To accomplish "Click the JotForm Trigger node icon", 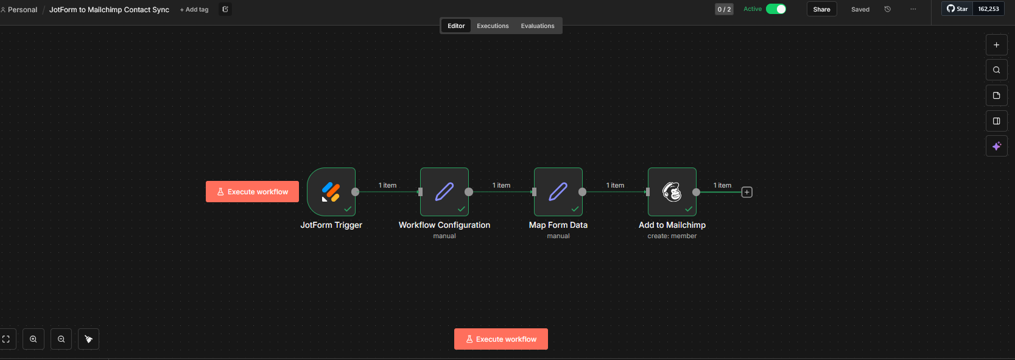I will pyautogui.click(x=331, y=192).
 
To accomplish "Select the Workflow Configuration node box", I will pyautogui.click(x=444, y=192).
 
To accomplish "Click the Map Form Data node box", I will pyautogui.click(x=558, y=192).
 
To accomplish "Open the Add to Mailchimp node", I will pyautogui.click(x=672, y=192).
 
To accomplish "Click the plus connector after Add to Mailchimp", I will pyautogui.click(x=747, y=192).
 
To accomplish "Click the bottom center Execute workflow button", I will pyautogui.click(x=501, y=339).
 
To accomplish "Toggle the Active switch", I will pyautogui.click(x=776, y=9).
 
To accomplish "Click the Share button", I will pyautogui.click(x=821, y=9).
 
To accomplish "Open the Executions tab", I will pyautogui.click(x=493, y=26).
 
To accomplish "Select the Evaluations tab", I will pyautogui.click(x=538, y=26).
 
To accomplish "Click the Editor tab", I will pyautogui.click(x=456, y=26).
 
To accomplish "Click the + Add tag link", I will pyautogui.click(x=194, y=10).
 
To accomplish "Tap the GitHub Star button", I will pyautogui.click(x=957, y=9).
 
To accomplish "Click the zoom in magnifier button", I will pyautogui.click(x=33, y=339).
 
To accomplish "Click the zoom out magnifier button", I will pyautogui.click(x=61, y=339).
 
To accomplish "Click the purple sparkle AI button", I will pyautogui.click(x=997, y=146).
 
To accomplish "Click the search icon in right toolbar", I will pyautogui.click(x=997, y=70).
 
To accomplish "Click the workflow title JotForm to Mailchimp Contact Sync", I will pyautogui.click(x=109, y=10).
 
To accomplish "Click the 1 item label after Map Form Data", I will pyautogui.click(x=615, y=185).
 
